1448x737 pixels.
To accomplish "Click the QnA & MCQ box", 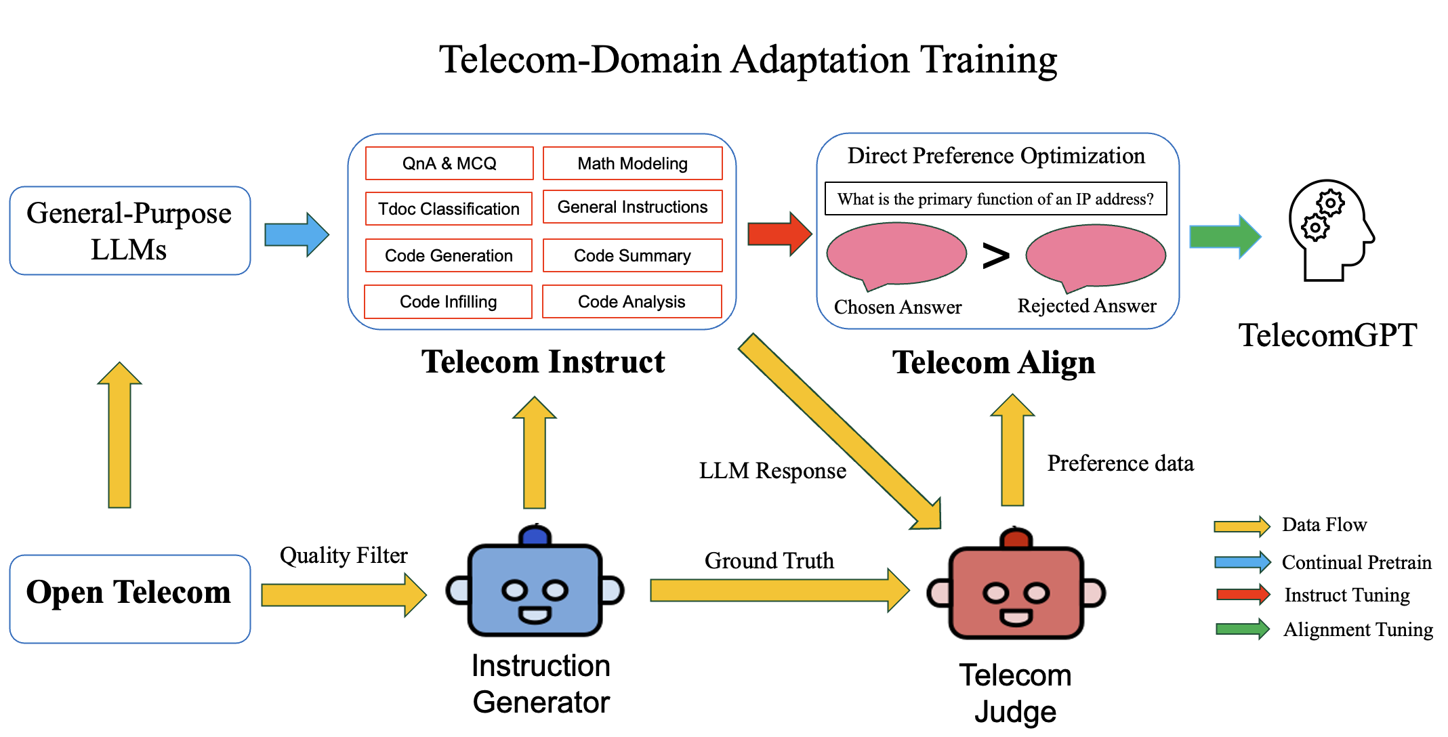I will (x=449, y=163).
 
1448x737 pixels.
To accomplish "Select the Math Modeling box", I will (x=632, y=163).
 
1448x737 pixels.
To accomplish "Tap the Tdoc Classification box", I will (x=449, y=209).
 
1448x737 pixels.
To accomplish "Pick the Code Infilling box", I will (x=448, y=301).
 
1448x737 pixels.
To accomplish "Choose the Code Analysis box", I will (x=632, y=301).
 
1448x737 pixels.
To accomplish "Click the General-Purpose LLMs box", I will (x=129, y=231).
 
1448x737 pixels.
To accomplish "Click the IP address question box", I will (x=995, y=198).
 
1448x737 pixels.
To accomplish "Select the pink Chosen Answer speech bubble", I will (x=896, y=254).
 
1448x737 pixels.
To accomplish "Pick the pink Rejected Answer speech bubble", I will (x=1096, y=255).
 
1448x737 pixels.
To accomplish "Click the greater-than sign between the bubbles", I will (x=995, y=255).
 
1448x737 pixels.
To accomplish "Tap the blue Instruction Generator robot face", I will (x=535, y=589).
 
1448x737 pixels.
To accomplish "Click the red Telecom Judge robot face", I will (x=1016, y=593).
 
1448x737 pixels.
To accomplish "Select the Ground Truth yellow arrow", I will (x=779, y=590).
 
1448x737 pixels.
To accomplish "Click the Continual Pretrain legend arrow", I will (x=1242, y=562).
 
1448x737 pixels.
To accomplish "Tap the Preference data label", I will (x=1120, y=463).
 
